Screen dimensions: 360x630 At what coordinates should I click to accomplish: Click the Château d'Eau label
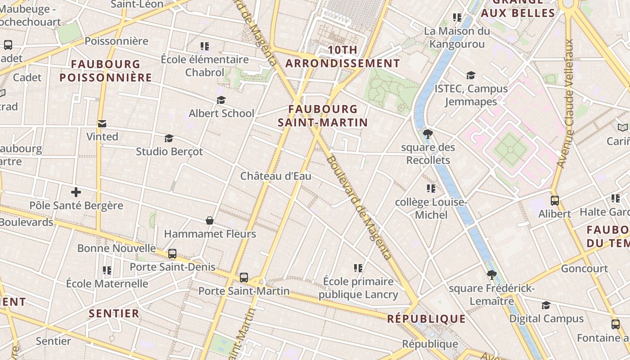(x=275, y=176)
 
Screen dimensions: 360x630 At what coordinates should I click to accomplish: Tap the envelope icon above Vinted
(x=102, y=124)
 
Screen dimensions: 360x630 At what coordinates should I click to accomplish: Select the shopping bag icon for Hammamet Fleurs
(x=210, y=220)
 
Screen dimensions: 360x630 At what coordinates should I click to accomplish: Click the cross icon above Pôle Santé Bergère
(x=76, y=193)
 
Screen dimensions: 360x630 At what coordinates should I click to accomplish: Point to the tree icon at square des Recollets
(x=427, y=134)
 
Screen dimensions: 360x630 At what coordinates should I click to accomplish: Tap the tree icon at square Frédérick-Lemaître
(x=491, y=275)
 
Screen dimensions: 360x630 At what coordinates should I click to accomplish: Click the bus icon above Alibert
(x=555, y=201)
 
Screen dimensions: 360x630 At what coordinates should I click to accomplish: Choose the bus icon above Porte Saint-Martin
(x=244, y=278)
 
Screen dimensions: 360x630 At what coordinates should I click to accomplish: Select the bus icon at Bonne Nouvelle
(x=172, y=254)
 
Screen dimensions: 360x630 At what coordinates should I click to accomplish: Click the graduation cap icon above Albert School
(x=221, y=100)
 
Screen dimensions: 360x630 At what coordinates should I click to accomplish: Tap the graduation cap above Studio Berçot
(x=169, y=138)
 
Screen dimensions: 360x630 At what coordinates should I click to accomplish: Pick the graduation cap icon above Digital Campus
(x=546, y=306)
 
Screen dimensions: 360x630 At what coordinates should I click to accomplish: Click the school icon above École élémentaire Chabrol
(x=205, y=46)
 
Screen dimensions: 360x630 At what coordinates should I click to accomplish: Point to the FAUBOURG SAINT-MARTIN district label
(x=323, y=116)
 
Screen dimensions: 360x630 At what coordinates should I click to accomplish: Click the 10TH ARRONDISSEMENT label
(x=342, y=57)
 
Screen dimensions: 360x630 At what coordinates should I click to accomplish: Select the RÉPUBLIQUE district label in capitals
(x=427, y=319)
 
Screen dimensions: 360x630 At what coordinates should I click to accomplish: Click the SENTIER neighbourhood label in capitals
(x=114, y=314)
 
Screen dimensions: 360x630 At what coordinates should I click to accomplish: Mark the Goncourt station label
(x=584, y=269)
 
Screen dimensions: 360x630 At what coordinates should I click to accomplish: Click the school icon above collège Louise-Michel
(x=431, y=189)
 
